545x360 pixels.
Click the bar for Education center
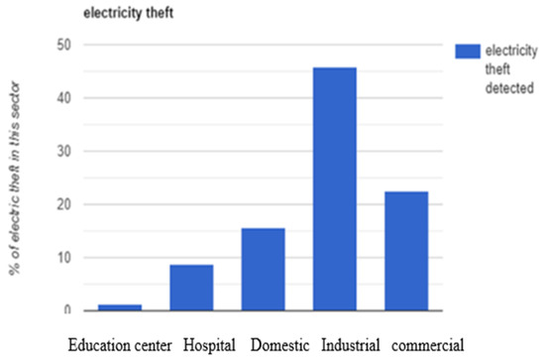(x=119, y=307)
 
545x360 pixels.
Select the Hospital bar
(x=190, y=288)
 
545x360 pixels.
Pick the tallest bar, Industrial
(x=334, y=189)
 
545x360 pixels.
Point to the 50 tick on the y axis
(x=64, y=46)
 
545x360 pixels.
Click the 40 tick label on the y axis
(x=64, y=98)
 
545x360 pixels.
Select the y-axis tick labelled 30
(x=64, y=152)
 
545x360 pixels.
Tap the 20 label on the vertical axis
(x=64, y=204)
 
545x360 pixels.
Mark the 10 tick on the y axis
(x=64, y=258)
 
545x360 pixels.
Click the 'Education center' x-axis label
(x=119, y=346)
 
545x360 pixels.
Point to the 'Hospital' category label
(x=209, y=346)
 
